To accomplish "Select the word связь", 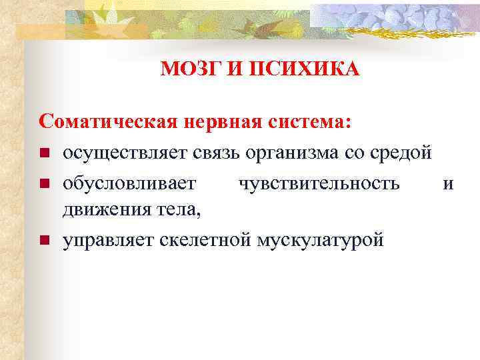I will pos(216,153).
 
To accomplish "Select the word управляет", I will pos(109,240).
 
